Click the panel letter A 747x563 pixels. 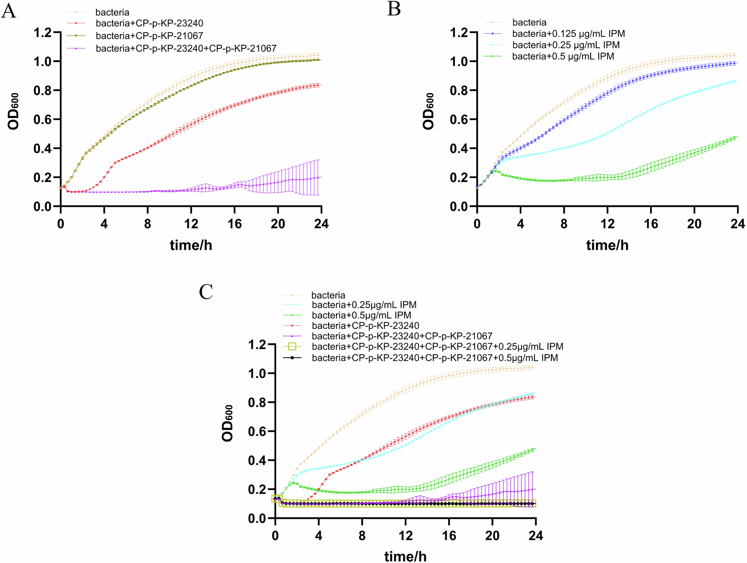9,11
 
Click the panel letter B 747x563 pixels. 394,9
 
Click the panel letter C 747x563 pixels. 206,292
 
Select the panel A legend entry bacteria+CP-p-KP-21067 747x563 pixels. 149,36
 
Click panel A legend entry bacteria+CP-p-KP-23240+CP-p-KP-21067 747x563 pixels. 186,48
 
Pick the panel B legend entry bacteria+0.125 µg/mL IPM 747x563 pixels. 568,34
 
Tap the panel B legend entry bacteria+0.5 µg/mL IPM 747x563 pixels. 563,56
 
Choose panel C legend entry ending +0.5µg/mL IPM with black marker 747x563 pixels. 434,358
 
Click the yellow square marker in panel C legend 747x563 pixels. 292,346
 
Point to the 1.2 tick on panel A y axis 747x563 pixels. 42,32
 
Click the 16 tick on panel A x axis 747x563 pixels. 235,224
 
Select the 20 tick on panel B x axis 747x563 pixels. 694,224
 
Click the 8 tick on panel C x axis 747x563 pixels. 362,536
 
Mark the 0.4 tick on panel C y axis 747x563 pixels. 257,460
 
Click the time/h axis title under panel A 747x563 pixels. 191,245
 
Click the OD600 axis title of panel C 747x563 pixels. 228,423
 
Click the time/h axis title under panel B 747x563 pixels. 607,245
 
